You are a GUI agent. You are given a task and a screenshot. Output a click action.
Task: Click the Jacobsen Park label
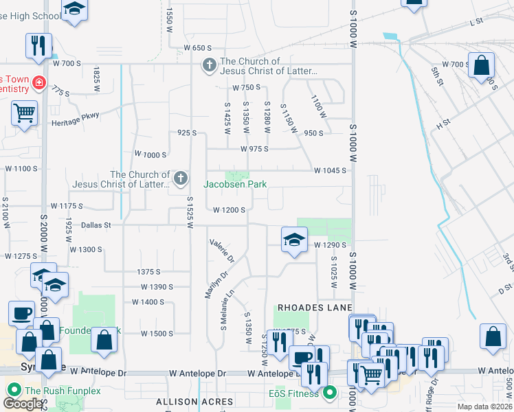pos(235,184)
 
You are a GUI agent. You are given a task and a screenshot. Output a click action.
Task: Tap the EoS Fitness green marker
pos(330,393)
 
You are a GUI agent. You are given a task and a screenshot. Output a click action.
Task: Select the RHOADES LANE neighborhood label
pos(315,307)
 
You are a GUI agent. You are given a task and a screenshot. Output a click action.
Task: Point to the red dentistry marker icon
pos(39,83)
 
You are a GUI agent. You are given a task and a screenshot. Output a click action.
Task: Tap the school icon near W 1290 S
pos(294,240)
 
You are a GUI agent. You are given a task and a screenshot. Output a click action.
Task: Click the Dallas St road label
pos(86,225)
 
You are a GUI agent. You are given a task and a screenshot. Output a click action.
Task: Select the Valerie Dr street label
pos(222,251)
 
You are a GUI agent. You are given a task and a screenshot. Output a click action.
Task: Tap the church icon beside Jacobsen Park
pos(181,179)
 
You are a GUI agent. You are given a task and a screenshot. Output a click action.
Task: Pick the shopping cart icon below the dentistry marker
pos(25,112)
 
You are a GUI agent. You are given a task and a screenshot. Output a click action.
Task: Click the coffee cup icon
pos(21,313)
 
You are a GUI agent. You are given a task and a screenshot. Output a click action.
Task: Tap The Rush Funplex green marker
pos(13,391)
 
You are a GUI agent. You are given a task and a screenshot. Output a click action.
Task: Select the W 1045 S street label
pos(330,170)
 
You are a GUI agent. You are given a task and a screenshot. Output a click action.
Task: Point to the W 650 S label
pos(197,48)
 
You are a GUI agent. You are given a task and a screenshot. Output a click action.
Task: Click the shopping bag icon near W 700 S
pos(482,66)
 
